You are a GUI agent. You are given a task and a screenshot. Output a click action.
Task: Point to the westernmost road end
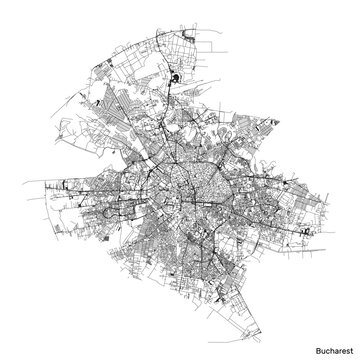(x=37, y=186)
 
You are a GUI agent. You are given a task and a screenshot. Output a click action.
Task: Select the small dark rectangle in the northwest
(x=84, y=71)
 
